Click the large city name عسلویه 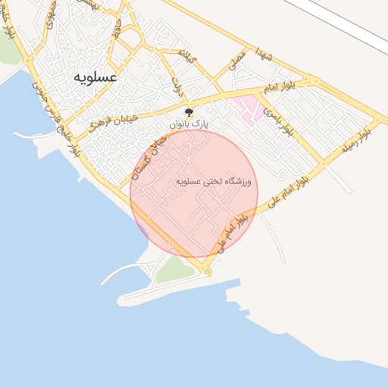coord(95,77)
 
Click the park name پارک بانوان coord(189,122)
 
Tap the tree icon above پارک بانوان coord(189,111)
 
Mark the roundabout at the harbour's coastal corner coord(208,271)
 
